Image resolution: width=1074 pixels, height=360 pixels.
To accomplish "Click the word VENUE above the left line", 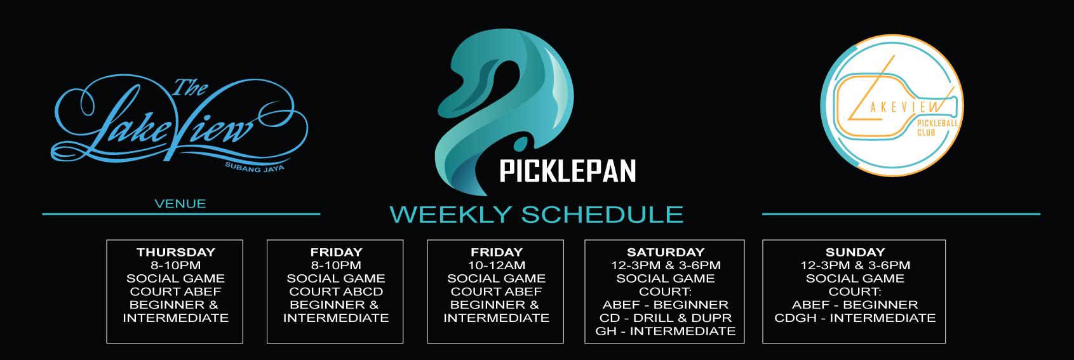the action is tap(180, 204).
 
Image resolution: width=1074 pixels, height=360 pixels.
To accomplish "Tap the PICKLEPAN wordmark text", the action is tap(568, 171).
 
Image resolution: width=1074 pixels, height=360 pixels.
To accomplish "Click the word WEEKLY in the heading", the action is tap(450, 214).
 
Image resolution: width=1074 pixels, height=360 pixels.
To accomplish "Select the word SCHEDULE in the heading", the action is tap(602, 214).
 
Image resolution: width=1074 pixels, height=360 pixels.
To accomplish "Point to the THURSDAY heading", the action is tap(175, 252).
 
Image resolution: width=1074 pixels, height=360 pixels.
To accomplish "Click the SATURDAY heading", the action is tap(666, 252).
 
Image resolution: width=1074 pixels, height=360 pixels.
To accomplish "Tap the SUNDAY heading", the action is tap(855, 252).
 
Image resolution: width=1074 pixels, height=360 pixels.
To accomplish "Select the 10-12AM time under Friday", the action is tap(496, 265).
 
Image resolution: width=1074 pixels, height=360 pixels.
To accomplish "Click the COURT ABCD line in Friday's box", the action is tap(335, 291).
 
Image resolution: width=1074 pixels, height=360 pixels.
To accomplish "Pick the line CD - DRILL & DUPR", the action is tap(666, 318).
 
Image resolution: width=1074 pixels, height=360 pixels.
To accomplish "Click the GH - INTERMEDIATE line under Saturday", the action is tap(666, 331).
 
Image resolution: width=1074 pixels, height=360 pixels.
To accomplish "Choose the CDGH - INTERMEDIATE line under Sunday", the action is tap(855, 318).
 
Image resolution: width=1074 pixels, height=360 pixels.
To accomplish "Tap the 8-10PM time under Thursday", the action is tap(175, 265).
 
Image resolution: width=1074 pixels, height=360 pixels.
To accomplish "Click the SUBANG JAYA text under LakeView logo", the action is tap(255, 167).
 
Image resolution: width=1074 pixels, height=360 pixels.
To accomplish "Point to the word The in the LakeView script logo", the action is tap(190, 88).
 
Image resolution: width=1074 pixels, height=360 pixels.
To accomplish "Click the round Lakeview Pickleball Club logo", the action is tap(892, 105).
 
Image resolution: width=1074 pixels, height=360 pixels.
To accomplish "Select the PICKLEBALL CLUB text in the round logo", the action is tap(937, 128).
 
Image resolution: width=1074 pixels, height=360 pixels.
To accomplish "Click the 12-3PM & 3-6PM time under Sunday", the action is tap(855, 265).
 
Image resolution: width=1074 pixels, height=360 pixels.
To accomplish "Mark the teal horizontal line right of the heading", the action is tap(901, 214).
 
